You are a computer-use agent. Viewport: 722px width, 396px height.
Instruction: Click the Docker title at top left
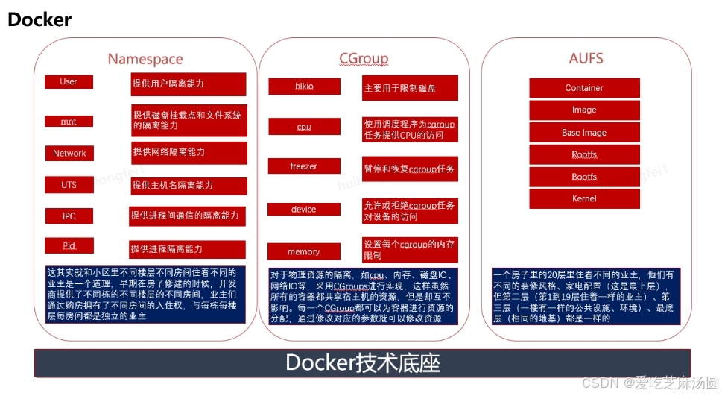pyautogui.click(x=39, y=19)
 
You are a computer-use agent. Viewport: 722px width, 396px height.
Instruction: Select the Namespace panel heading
pyautogui.click(x=145, y=59)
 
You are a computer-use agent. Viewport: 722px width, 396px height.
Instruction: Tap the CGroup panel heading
pyautogui.click(x=363, y=58)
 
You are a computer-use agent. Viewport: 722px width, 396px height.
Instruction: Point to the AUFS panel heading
pyautogui.click(x=586, y=58)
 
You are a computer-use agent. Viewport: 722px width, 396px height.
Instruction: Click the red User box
pyautogui.click(x=69, y=82)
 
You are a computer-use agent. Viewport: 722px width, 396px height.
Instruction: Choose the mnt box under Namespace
pyautogui.click(x=69, y=121)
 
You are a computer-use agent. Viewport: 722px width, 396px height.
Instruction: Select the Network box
pyautogui.click(x=69, y=153)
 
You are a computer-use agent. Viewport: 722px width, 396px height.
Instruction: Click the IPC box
pyautogui.click(x=69, y=216)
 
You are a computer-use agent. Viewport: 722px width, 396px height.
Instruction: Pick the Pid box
pyautogui.click(x=69, y=245)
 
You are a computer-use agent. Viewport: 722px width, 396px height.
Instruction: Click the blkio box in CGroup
pyautogui.click(x=304, y=87)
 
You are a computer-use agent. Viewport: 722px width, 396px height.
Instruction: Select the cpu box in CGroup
pyautogui.click(x=304, y=127)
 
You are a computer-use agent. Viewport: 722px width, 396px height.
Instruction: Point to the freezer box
pyautogui.click(x=304, y=166)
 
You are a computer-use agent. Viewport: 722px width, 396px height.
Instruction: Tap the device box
pyautogui.click(x=304, y=210)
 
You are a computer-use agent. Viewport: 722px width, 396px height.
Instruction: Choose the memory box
pyautogui.click(x=304, y=251)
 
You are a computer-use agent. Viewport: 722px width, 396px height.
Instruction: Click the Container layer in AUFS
pyautogui.click(x=584, y=88)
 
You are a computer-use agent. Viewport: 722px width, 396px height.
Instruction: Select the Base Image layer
pyautogui.click(x=584, y=133)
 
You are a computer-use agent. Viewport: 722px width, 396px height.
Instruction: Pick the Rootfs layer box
pyautogui.click(x=584, y=155)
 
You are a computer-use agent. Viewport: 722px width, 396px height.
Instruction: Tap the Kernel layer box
pyautogui.click(x=584, y=199)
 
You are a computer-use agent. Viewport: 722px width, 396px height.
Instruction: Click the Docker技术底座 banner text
pyautogui.click(x=362, y=363)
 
